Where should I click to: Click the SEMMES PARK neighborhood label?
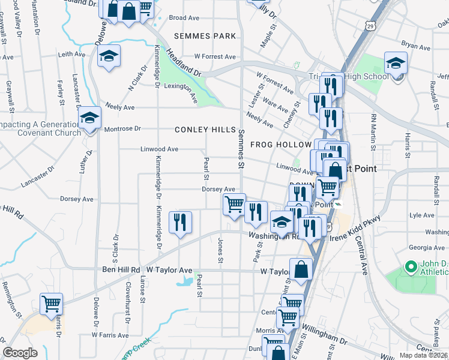click(x=205, y=36)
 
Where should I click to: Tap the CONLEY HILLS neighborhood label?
click(x=205, y=130)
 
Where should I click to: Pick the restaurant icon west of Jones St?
click(x=180, y=223)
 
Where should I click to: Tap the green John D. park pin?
click(x=411, y=266)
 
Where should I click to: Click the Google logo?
click(x=20, y=353)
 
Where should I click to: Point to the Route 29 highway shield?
click(x=371, y=27)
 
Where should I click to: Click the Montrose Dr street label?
click(x=122, y=129)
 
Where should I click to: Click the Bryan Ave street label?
click(x=416, y=46)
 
